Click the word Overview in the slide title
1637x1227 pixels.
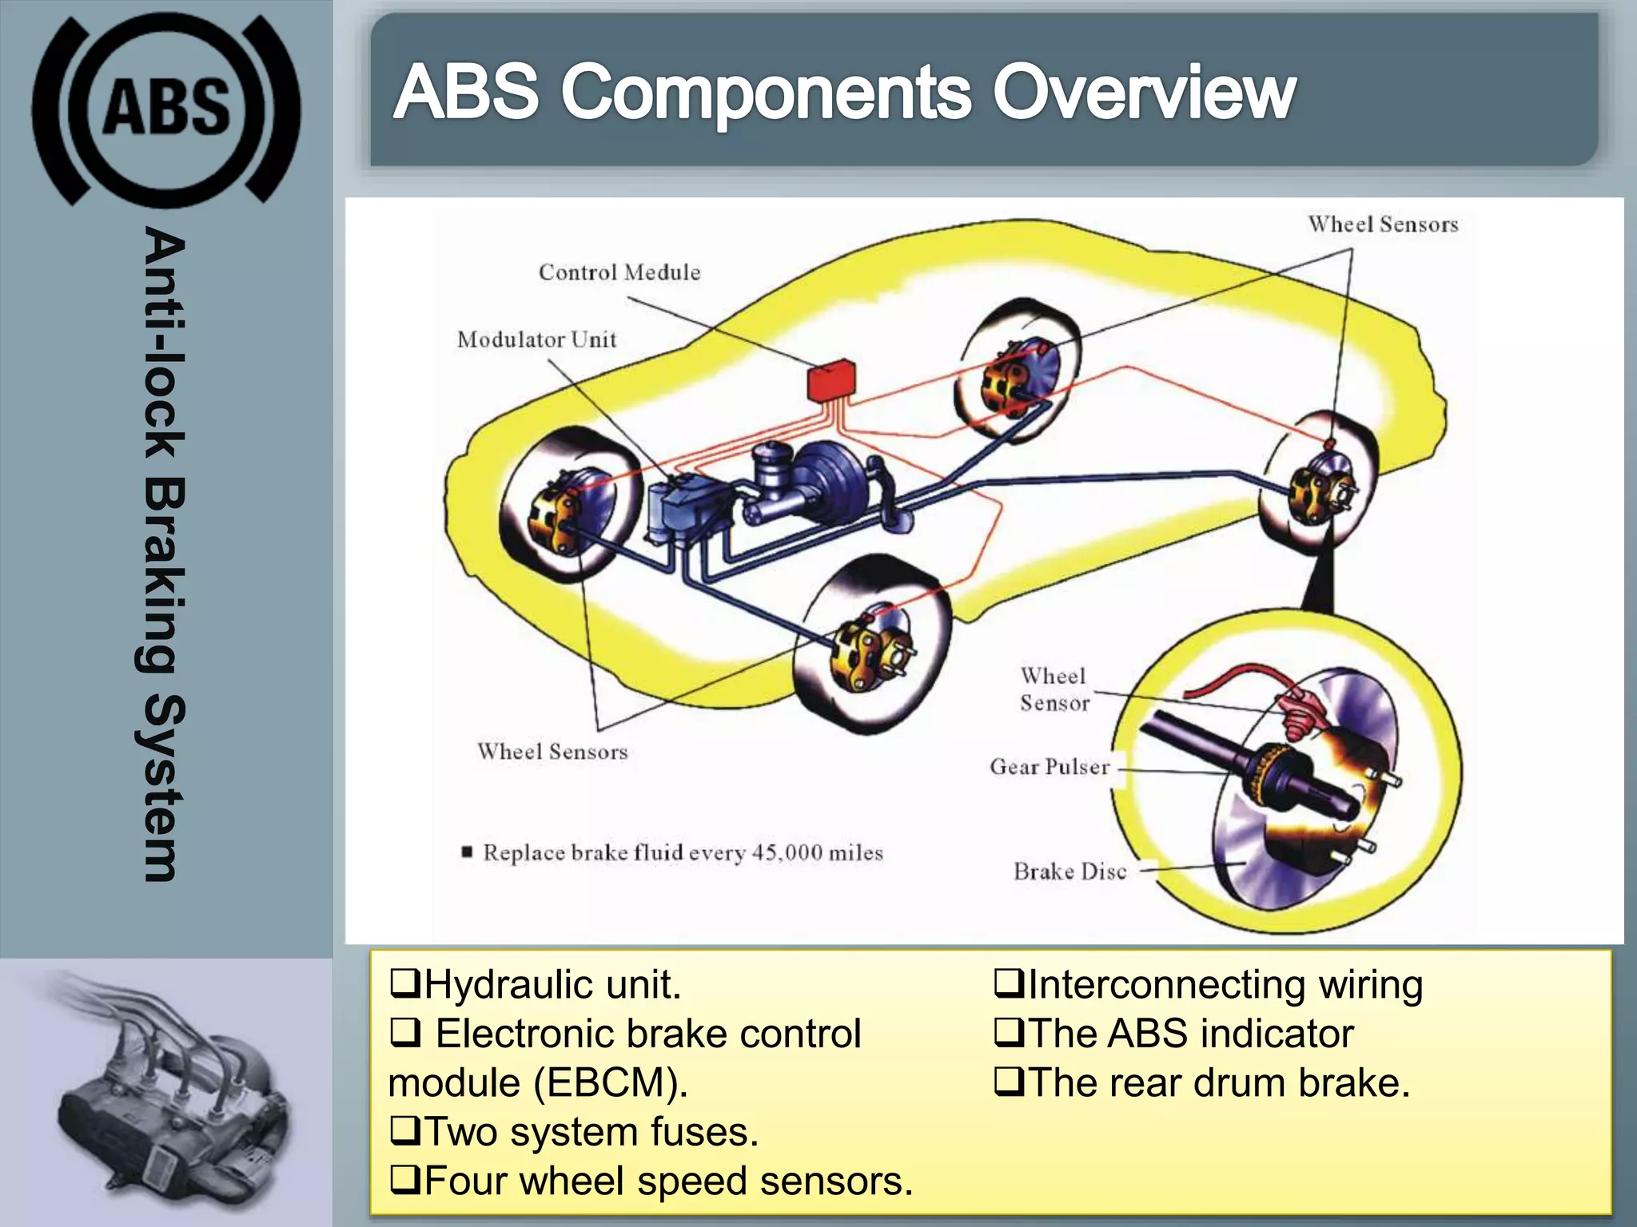(1143, 93)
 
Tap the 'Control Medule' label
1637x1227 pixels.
(619, 272)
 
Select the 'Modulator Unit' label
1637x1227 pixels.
(536, 340)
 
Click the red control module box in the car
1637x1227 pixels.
(830, 381)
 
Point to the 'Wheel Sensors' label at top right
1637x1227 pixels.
(1383, 224)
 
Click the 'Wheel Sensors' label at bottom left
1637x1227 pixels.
(552, 752)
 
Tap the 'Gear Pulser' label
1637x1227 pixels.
(1050, 767)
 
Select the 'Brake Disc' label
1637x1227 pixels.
(1070, 872)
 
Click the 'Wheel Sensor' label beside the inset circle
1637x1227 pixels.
(1054, 689)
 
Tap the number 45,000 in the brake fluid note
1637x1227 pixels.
(787, 852)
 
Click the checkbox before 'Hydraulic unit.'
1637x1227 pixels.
(404, 983)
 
